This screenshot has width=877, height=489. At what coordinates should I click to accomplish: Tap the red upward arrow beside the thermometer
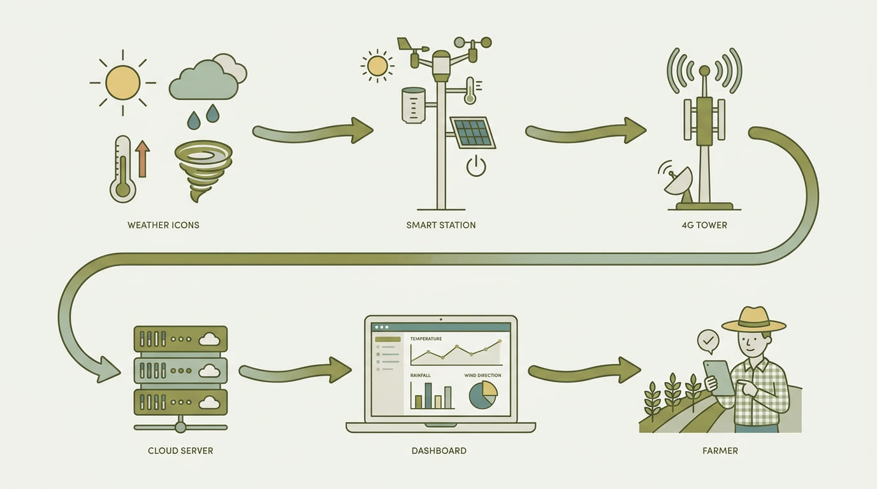[x=143, y=159]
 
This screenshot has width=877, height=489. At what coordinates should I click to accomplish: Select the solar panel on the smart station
[x=473, y=132]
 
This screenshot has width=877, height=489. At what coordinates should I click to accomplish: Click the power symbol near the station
[x=476, y=166]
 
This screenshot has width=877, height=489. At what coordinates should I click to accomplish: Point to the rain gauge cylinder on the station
[x=414, y=105]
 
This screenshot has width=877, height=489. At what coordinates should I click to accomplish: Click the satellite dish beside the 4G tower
[x=679, y=185]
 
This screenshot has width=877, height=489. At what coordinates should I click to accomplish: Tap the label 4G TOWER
[x=704, y=225]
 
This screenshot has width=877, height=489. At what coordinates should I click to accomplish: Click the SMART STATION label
[x=441, y=225]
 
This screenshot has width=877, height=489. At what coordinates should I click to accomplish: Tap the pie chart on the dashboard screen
[x=483, y=395]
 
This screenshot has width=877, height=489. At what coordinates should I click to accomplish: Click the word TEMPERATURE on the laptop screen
[x=426, y=339]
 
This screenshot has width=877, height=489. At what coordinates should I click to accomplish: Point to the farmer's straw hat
[x=753, y=320]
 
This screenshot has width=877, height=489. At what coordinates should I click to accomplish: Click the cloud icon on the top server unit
[x=210, y=339]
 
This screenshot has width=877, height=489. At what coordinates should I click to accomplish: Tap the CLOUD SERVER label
[x=180, y=451]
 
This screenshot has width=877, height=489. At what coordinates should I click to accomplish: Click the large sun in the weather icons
[x=123, y=83]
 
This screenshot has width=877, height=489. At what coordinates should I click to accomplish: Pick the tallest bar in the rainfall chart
[x=428, y=395]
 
